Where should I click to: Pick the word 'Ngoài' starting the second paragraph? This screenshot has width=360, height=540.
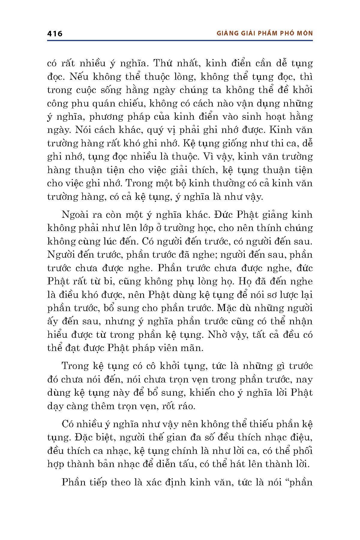tap(73, 215)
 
